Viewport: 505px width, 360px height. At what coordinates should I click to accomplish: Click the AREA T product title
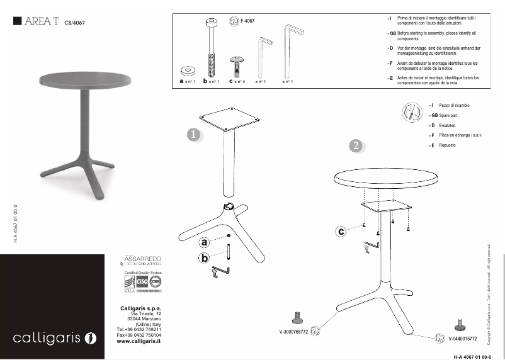[42, 21]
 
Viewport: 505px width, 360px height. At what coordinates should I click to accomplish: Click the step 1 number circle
[194, 135]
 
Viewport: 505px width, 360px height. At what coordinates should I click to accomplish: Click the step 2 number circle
[356, 146]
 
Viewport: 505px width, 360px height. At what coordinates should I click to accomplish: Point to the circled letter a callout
[204, 242]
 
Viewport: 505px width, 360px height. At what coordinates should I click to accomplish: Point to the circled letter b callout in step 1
[204, 257]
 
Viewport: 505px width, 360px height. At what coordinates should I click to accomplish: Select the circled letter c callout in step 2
[341, 232]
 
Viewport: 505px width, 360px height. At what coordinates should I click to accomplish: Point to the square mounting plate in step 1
[229, 120]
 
